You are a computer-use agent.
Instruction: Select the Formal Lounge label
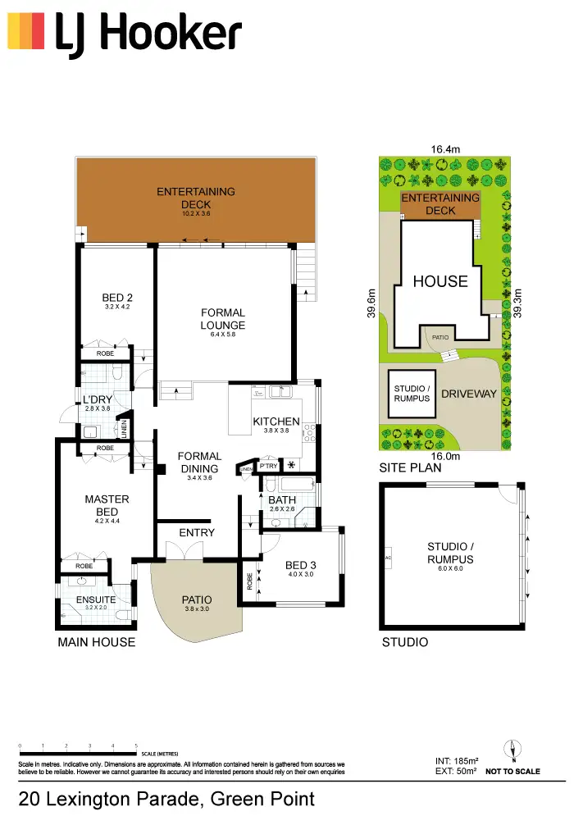[223, 319]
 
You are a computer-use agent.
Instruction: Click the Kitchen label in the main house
[276, 422]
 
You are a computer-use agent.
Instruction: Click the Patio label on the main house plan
[197, 599]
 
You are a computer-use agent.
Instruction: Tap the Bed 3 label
[301, 565]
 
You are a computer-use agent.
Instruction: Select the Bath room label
[282, 499]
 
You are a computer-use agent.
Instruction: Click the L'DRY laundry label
[97, 400]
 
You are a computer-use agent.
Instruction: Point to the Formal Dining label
[199, 463]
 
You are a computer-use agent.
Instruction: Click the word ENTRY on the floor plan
[197, 532]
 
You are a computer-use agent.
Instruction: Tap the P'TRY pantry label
[269, 466]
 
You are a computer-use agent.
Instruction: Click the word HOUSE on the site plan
[440, 281]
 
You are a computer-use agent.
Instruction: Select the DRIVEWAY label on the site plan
[469, 394]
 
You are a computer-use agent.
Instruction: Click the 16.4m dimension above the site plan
[446, 149]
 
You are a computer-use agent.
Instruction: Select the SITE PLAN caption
[410, 469]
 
